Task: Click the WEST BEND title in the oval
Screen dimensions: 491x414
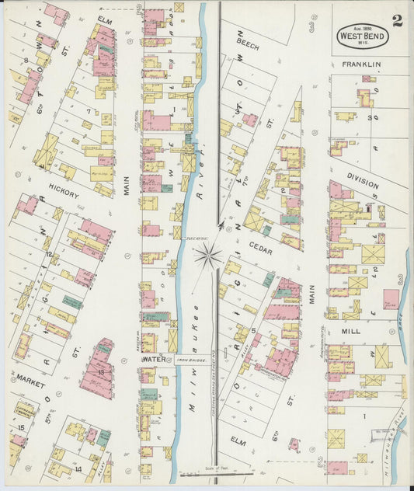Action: coord(361,36)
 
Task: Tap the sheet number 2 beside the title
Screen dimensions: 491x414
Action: coord(397,21)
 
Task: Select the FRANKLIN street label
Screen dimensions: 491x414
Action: coord(364,64)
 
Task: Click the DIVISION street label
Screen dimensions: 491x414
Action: coord(363,181)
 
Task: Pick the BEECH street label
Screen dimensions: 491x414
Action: coord(248,45)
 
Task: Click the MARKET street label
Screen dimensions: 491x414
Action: coord(29,382)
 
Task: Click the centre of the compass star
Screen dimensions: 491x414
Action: coord(207,255)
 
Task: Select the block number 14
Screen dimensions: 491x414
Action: coord(78,469)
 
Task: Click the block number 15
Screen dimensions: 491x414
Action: coord(21,427)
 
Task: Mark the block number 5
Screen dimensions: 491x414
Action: coord(252,329)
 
